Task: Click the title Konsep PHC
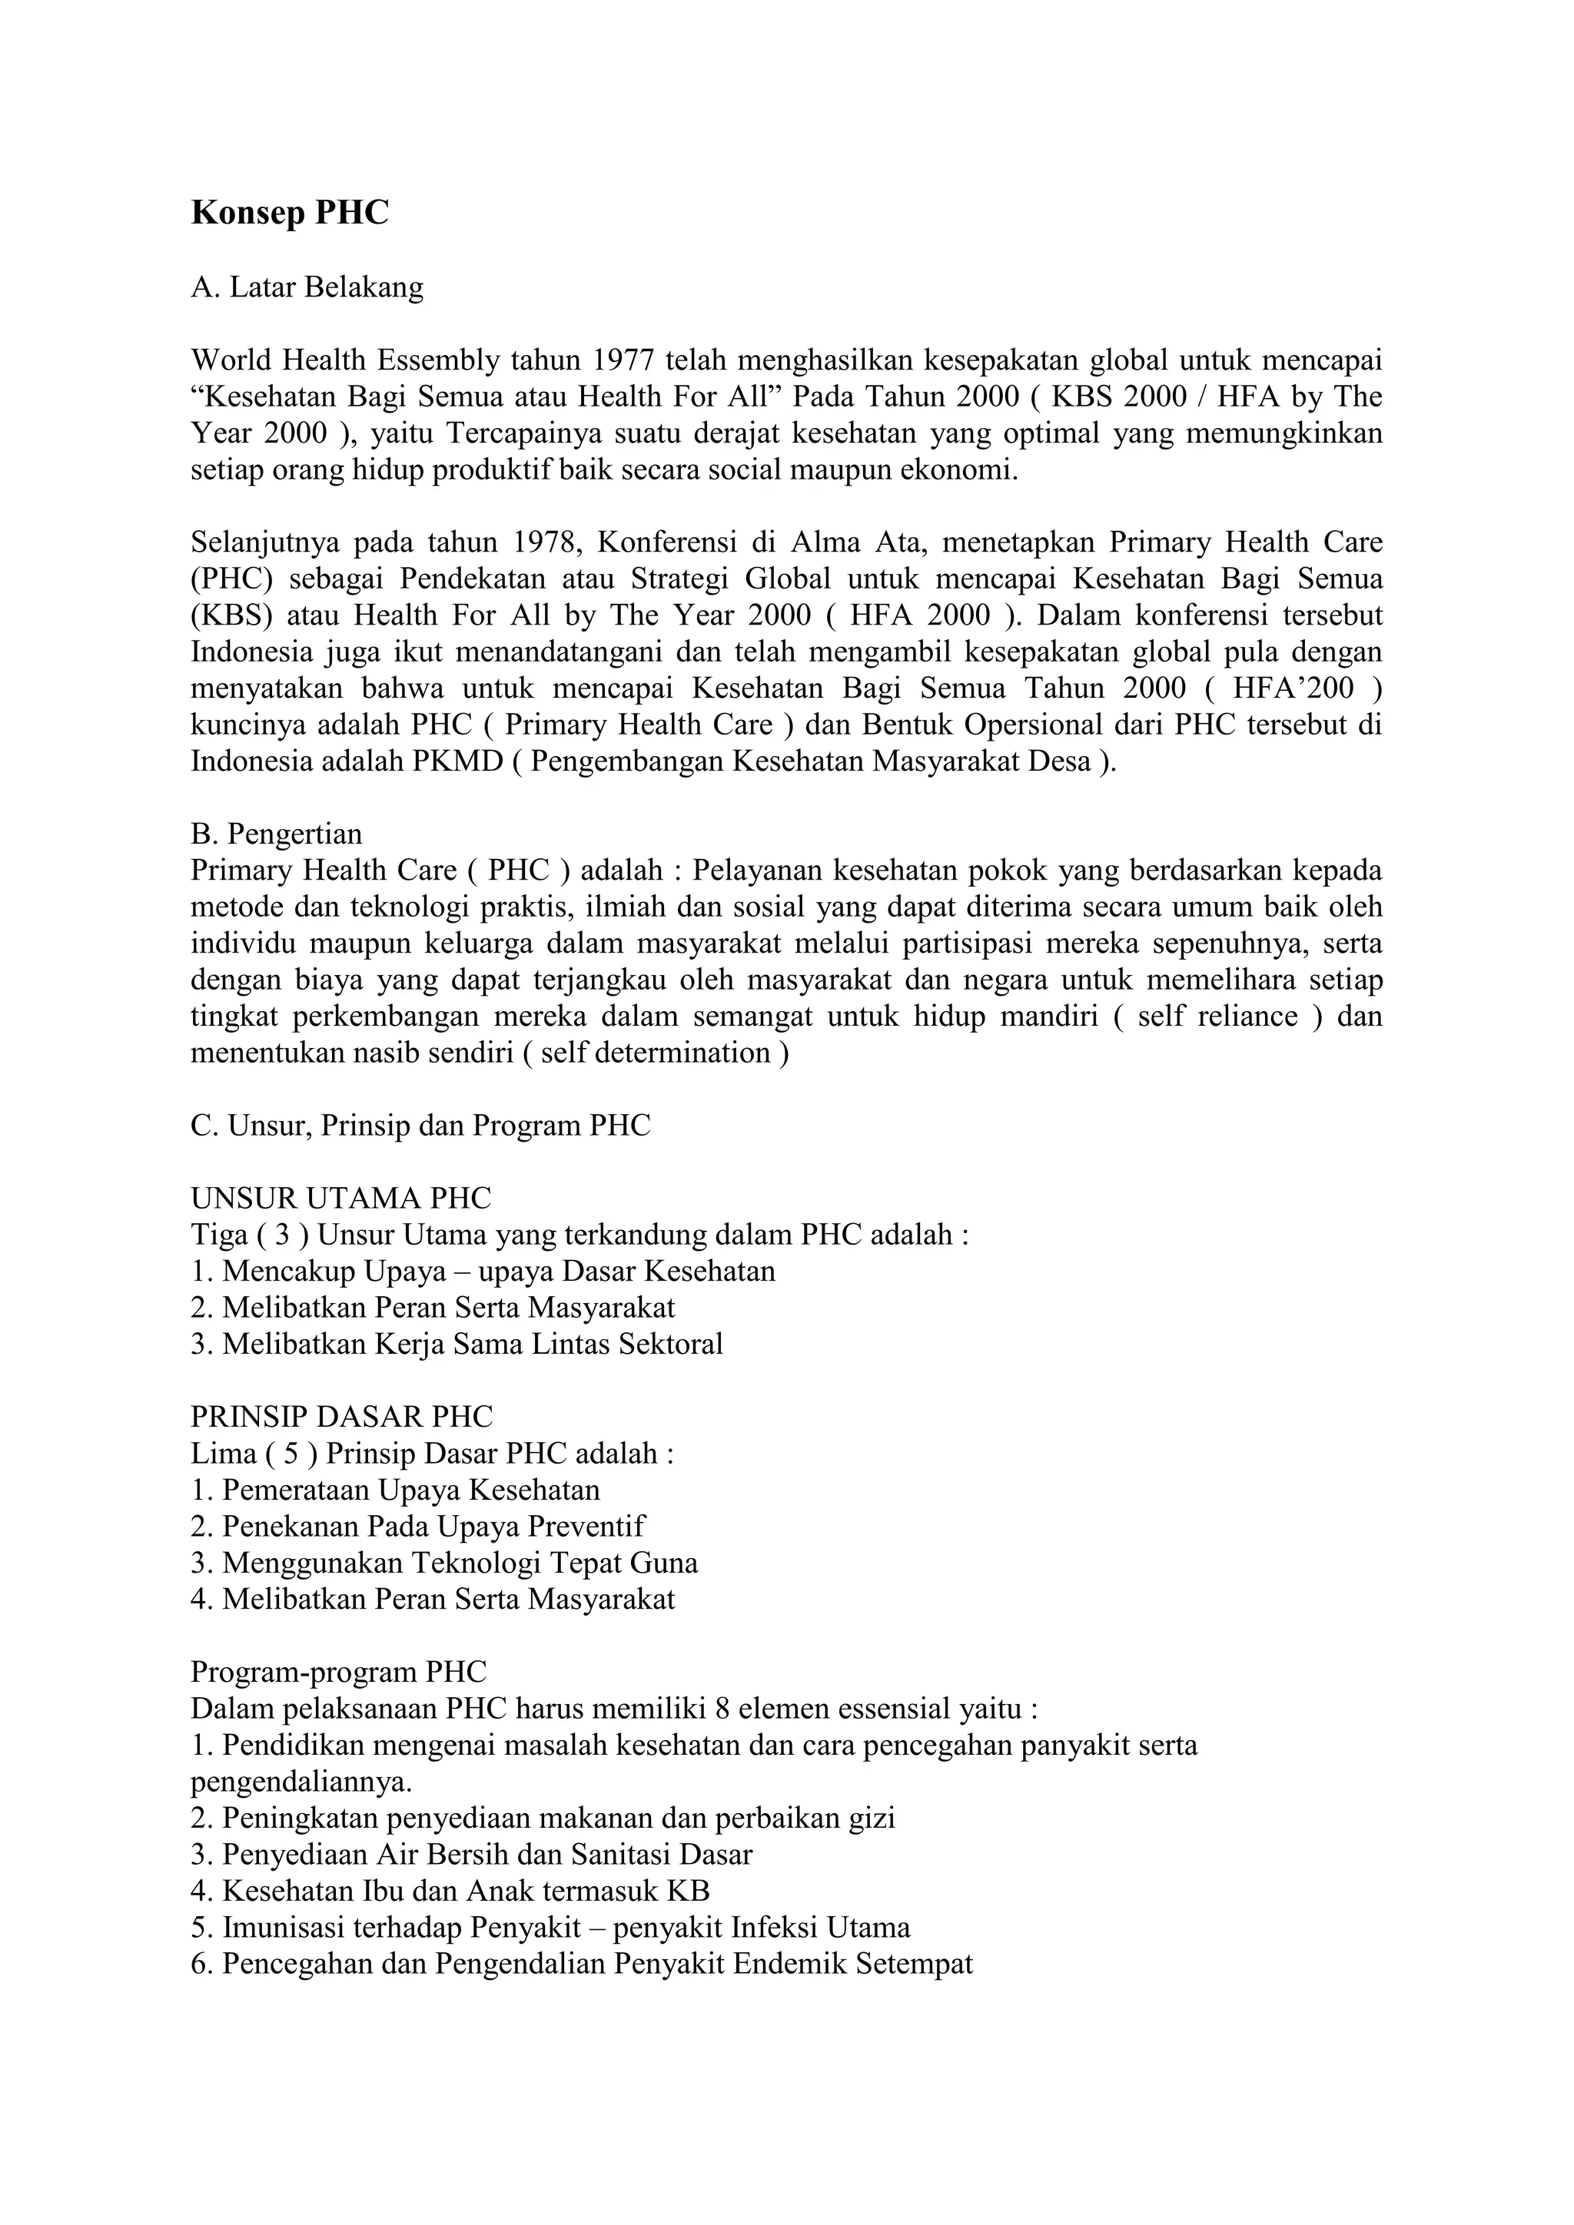pyautogui.click(x=289, y=212)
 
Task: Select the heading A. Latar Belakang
pyautogui.click(x=307, y=288)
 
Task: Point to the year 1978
pyautogui.click(x=549, y=542)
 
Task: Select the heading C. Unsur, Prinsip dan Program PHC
pyautogui.click(x=420, y=1126)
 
